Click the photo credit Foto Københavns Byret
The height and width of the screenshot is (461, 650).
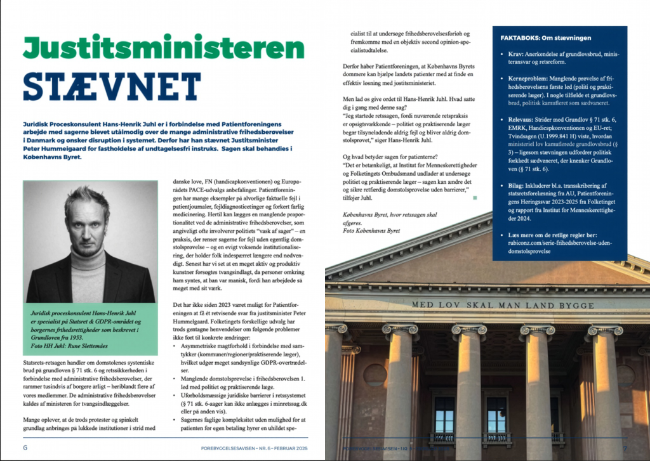pos(371,231)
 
